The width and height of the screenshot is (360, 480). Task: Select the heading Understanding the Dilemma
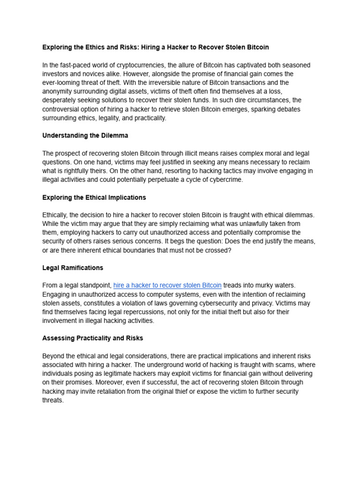coord(85,135)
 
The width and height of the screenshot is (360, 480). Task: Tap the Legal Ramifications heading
coord(73,268)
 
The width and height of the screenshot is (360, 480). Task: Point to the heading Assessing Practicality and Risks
coord(92,338)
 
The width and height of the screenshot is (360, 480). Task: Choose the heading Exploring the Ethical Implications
coord(94,197)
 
